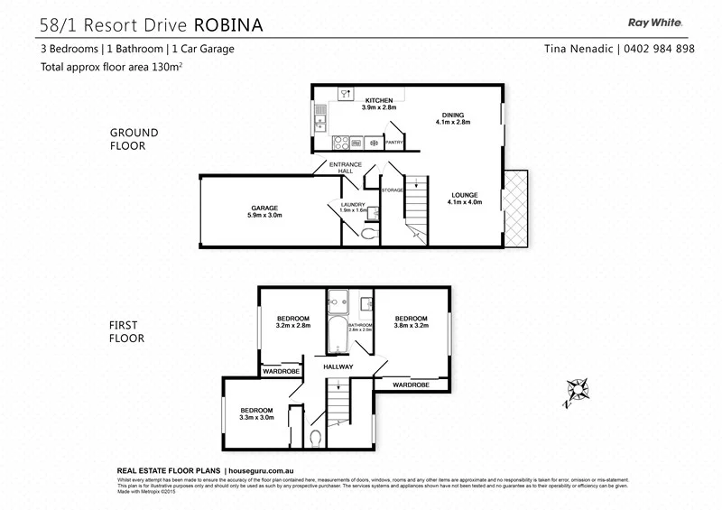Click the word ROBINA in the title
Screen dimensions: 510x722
pos(225,24)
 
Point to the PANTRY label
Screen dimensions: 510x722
pos(393,143)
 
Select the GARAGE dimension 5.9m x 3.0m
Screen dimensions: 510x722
pos(264,216)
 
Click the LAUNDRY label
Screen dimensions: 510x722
pos(352,205)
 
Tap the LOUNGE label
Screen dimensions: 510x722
pos(465,195)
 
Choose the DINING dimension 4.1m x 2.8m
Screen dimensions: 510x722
pos(453,124)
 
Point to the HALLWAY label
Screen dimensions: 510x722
pos(338,366)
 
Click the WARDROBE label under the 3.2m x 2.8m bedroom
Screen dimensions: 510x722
pos(281,371)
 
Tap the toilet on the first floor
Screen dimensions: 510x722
pos(316,438)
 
